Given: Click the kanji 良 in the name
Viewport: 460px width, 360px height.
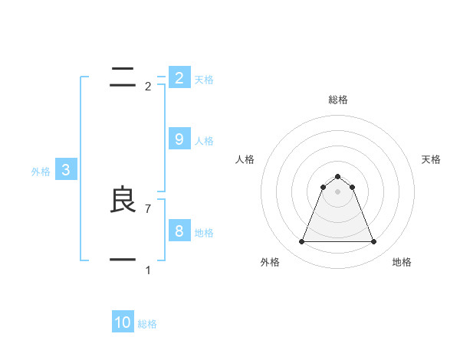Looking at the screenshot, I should click(x=123, y=201).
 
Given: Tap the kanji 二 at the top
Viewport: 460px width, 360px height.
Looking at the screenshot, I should click(x=123, y=77).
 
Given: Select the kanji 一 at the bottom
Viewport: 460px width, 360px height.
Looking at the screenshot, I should click(x=123, y=260).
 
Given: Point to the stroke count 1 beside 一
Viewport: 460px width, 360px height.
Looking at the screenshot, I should click(x=148, y=270).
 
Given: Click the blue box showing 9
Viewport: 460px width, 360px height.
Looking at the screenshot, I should click(x=179, y=139).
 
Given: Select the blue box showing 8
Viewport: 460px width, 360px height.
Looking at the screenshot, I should click(x=179, y=231).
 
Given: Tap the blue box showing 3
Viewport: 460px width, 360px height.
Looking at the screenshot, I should click(x=66, y=170).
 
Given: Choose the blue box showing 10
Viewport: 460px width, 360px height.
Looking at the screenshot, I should click(x=123, y=322).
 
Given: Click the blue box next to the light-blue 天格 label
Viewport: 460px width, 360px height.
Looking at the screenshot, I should click(x=179, y=77).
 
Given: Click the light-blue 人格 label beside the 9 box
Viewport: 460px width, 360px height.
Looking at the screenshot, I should click(x=204, y=141).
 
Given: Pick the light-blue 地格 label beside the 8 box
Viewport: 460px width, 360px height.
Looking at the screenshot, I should click(x=204, y=233).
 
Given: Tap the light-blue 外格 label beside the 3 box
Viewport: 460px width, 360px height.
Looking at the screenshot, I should click(x=41, y=172).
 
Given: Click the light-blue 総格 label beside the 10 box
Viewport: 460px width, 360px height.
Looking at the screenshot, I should click(x=147, y=324).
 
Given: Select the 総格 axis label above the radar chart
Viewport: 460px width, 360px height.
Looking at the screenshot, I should click(x=337, y=100).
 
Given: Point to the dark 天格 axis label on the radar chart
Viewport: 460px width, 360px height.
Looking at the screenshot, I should click(x=431, y=159).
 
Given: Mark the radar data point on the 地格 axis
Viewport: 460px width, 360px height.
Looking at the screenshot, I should click(x=373, y=242).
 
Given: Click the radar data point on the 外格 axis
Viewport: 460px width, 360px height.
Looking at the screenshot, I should click(x=301, y=242).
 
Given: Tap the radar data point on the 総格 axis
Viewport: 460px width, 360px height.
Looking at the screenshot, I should click(x=337, y=177).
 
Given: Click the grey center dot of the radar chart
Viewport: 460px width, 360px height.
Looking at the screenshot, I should click(x=337, y=191).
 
